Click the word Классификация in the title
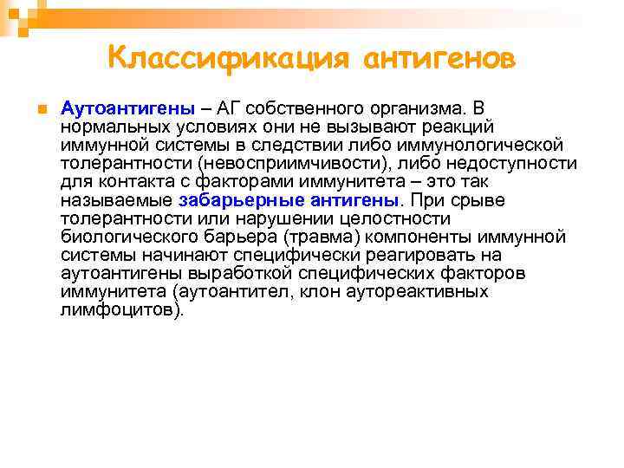coord(231,58)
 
